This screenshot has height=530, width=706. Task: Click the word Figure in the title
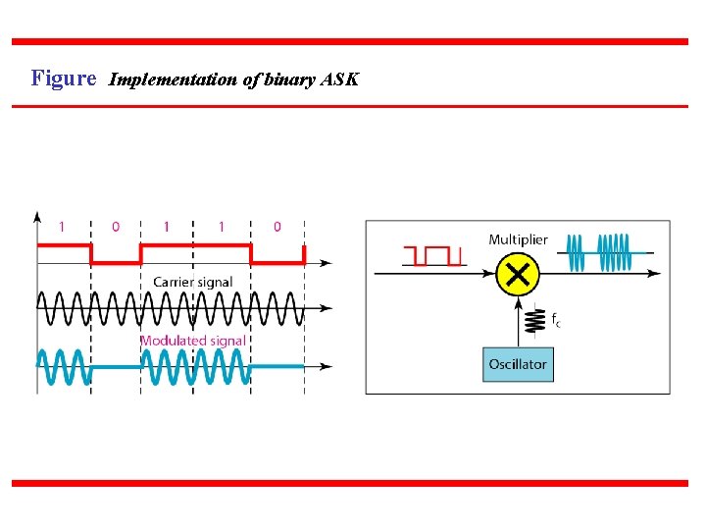tap(64, 78)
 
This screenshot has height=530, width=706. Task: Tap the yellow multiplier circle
tap(518, 274)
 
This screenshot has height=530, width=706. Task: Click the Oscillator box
tap(518, 364)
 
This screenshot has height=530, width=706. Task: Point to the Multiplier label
tap(518, 239)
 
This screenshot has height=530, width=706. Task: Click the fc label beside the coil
tap(556, 320)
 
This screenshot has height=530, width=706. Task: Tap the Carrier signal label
tap(192, 282)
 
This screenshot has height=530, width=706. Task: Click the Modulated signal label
tap(192, 341)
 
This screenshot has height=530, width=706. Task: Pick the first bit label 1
tap(63, 227)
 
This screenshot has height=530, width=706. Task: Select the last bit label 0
tap(277, 227)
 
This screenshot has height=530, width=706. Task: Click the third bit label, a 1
tap(167, 227)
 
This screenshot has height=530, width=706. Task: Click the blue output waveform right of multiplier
tap(600, 252)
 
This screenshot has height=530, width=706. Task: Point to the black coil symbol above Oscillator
tap(536, 320)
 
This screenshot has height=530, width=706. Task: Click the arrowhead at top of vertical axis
tap(37, 215)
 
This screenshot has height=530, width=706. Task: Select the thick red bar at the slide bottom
tap(350, 483)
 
